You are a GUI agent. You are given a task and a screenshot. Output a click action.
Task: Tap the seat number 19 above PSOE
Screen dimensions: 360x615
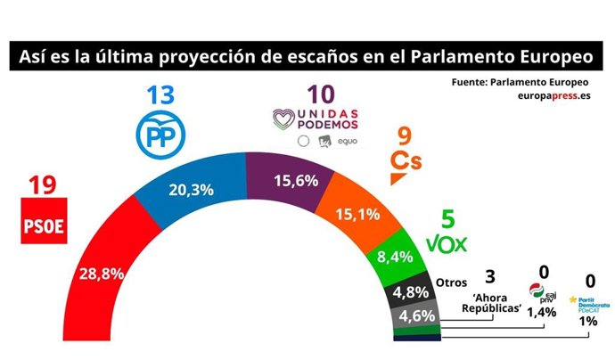tap(43, 186)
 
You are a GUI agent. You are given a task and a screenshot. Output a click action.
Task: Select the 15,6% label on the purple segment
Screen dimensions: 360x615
tap(275, 180)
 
